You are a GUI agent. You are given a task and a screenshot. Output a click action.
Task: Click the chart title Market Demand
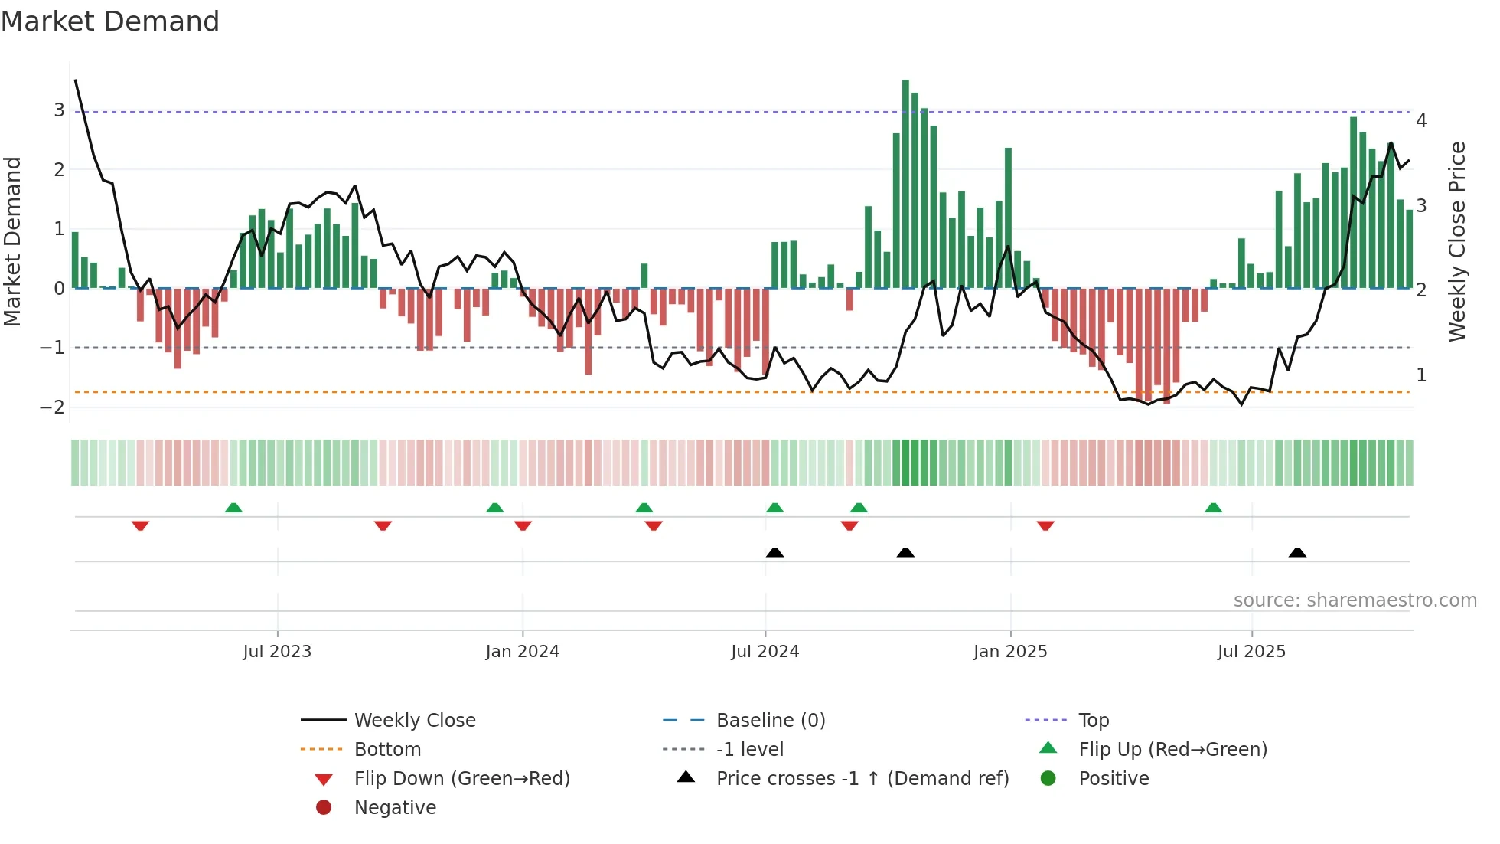point(110,21)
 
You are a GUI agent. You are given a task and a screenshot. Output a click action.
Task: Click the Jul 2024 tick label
point(765,652)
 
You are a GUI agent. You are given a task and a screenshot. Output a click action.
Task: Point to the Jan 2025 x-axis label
point(1009,652)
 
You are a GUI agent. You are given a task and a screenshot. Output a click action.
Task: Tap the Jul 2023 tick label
point(277,652)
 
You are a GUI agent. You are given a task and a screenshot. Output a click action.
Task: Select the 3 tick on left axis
point(59,110)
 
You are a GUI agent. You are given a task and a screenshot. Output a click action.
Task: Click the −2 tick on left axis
point(53,407)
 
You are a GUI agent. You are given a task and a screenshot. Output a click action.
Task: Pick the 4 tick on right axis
point(1421,121)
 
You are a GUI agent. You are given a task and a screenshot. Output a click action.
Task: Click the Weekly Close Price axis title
point(1457,241)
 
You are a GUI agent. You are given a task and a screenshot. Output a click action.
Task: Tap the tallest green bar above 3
point(905,184)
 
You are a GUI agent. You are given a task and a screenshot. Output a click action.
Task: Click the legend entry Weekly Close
point(415,721)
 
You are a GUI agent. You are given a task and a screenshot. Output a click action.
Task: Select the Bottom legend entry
point(387,750)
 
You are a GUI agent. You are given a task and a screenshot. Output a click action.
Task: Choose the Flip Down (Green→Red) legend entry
point(461,779)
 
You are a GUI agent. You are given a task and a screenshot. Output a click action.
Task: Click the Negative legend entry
point(395,808)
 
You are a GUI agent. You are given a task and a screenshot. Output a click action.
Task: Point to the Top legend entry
point(1094,721)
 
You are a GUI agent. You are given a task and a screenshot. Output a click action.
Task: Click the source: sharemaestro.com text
point(1355,600)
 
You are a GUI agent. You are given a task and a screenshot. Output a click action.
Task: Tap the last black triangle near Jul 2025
point(1297,553)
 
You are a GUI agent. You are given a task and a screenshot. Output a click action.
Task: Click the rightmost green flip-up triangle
point(1213,508)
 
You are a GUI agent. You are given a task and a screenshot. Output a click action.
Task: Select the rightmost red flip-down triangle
point(1045,525)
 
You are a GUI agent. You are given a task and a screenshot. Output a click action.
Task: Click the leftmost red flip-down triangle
point(140,525)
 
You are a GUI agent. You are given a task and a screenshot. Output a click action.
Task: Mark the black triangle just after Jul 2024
point(774,553)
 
